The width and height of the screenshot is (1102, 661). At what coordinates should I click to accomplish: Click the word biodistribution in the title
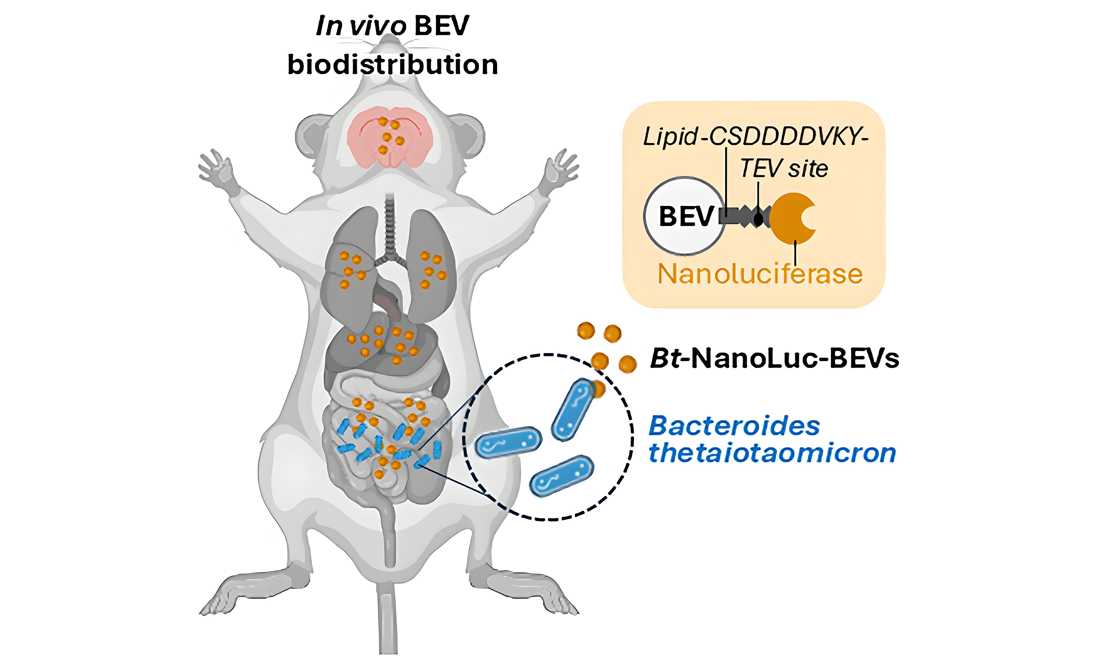(x=392, y=65)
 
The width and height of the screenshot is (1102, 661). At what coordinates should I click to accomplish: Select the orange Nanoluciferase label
(x=760, y=274)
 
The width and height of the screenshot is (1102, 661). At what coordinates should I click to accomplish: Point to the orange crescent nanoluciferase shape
(x=791, y=218)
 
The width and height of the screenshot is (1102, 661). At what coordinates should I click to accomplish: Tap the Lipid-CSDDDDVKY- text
(x=755, y=136)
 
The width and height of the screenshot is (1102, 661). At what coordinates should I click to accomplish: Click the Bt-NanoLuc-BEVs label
(x=774, y=358)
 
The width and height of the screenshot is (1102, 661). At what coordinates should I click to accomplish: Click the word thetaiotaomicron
(x=772, y=453)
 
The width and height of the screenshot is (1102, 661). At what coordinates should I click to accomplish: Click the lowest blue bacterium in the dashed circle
(x=561, y=476)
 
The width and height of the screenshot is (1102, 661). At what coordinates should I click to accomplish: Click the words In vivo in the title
(x=360, y=26)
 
